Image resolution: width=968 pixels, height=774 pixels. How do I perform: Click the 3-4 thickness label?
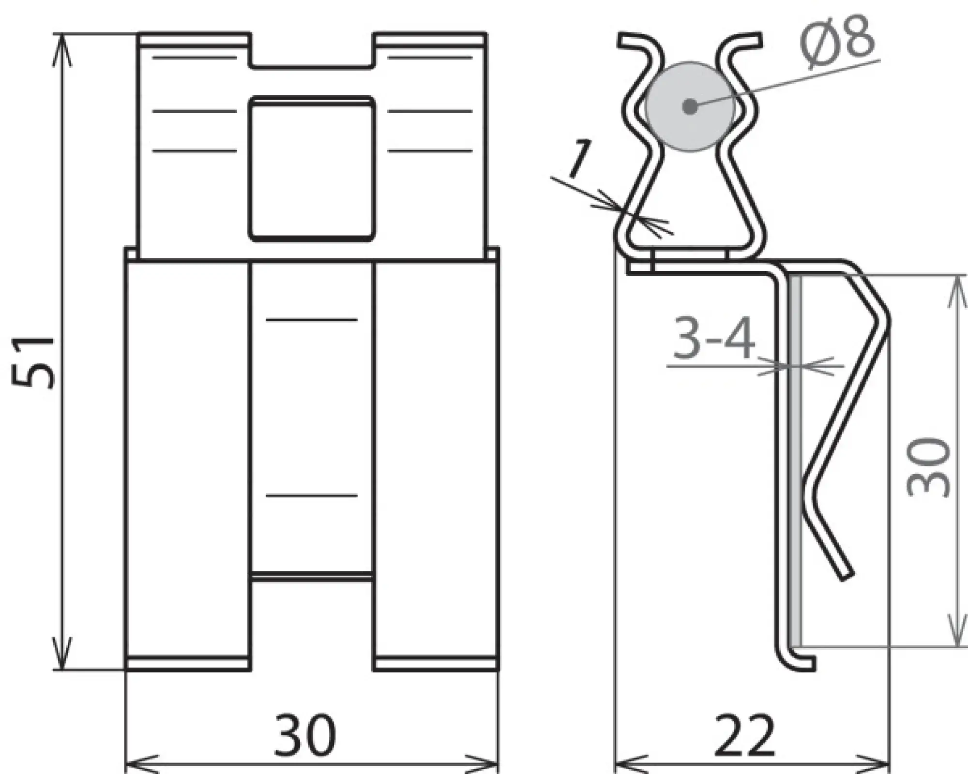click(714, 339)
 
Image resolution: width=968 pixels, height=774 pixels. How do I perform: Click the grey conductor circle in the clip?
click(690, 106)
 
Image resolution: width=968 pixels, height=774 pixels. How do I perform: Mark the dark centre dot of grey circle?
click(690, 106)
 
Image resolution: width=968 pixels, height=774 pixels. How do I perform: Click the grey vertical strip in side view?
click(795, 460)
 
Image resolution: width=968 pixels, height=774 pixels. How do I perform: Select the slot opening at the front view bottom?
click(312, 624)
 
